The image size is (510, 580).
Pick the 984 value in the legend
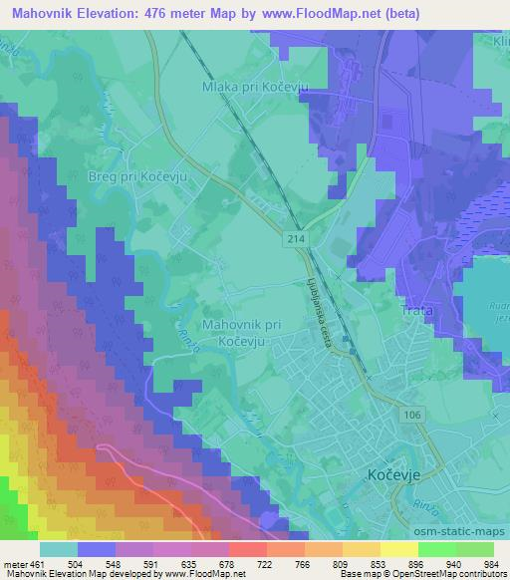pyautogui.click(x=491, y=563)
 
